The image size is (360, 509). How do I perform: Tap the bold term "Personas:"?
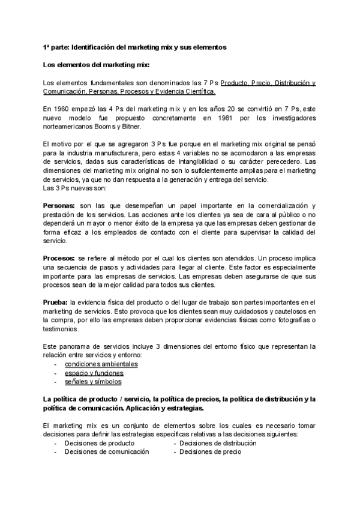pos(59,206)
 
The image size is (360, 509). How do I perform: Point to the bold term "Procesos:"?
pos(59,258)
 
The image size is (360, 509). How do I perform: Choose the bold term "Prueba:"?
pos(55,301)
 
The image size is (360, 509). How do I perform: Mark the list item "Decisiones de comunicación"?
pos(106,451)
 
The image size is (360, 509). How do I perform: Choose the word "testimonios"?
pos(61,329)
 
